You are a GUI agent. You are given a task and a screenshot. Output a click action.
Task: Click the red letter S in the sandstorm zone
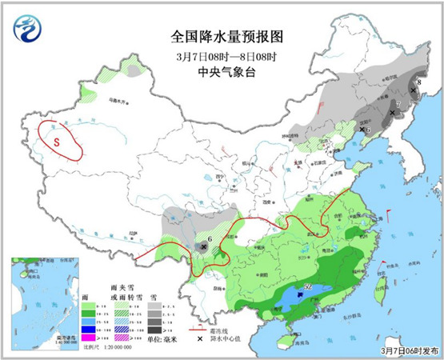point(56,143)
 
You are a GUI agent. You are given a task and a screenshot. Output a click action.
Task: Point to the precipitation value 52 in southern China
point(308,285)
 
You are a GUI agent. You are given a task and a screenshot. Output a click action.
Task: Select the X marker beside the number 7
point(391,113)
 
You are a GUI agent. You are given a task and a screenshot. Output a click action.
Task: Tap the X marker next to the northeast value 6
point(362,129)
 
